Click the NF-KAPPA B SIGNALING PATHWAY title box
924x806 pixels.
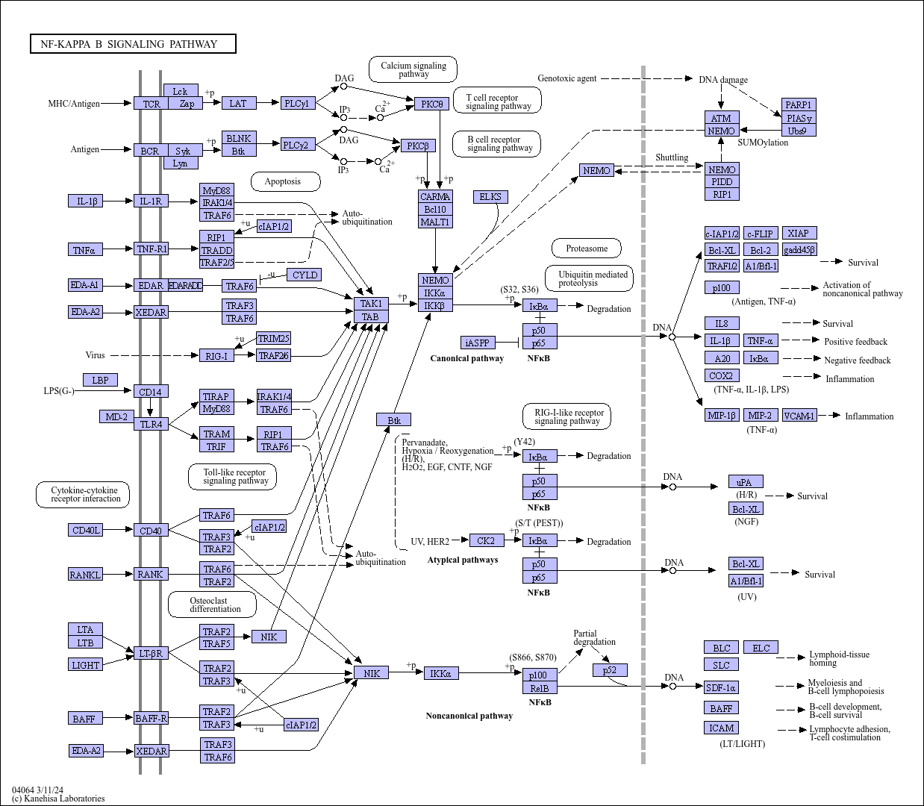tap(133, 44)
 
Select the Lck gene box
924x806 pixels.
tap(181, 91)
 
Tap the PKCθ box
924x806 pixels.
tap(431, 104)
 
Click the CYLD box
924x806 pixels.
tap(305, 275)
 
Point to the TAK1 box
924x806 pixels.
tap(371, 304)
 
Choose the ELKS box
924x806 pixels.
tap(490, 197)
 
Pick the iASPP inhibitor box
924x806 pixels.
tap(478, 343)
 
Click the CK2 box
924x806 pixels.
tap(487, 540)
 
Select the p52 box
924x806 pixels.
tap(610, 670)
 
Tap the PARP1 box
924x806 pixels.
tap(799, 104)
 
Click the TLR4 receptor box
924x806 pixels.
tap(151, 424)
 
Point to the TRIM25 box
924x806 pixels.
tap(274, 338)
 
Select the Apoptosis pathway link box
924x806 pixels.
tap(285, 181)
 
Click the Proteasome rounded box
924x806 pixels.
tap(586, 249)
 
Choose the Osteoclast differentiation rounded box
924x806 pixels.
tap(212, 604)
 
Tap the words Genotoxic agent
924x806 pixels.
tap(566, 78)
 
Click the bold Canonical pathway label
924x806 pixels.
tap(467, 358)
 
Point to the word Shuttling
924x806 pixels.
tap(672, 157)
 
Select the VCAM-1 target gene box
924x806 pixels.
tap(799, 416)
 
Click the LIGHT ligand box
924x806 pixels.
tap(85, 665)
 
